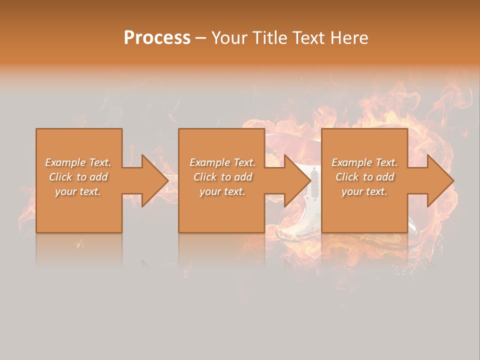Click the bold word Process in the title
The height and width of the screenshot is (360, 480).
coord(157,37)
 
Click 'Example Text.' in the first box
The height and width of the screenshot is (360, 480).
coord(78,162)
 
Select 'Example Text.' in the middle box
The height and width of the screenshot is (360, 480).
coord(222,162)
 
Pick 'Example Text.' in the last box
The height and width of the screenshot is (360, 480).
coord(364,162)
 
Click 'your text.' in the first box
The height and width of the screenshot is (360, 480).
coord(78,191)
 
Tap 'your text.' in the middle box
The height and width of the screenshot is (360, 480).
coord(222,191)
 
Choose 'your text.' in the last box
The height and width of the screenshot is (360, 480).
coord(364,191)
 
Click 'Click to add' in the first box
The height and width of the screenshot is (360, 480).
coord(78,177)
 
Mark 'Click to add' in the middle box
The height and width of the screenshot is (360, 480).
coord(222,177)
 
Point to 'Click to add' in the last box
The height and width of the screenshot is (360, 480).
coord(364,177)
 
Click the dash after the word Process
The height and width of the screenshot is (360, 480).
coord(201,38)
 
